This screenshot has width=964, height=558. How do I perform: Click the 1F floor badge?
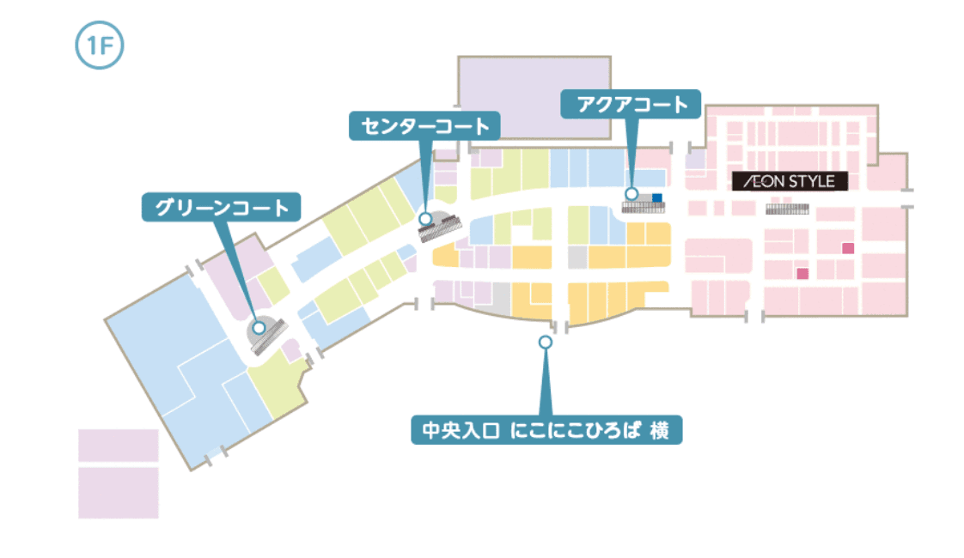point(101,46)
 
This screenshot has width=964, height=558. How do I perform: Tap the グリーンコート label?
point(222,207)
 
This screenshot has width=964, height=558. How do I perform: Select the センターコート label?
point(424,126)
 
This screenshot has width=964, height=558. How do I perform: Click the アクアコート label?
point(631,105)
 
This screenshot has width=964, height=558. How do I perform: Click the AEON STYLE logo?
point(790,181)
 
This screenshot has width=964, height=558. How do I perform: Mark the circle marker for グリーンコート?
point(258,327)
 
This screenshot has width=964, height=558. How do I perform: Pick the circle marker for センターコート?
point(425,219)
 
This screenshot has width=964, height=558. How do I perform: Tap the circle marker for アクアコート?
point(631,195)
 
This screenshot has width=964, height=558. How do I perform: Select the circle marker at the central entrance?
point(545,342)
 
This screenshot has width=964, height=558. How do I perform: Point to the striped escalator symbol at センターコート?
point(441,229)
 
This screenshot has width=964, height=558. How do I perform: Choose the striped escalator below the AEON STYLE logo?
point(787,209)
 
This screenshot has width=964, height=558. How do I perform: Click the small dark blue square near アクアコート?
point(657,197)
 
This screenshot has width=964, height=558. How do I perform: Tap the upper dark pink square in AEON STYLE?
point(847,248)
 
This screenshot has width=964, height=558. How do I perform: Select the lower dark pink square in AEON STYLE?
point(803,274)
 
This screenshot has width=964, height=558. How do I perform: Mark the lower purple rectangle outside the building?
point(119,493)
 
